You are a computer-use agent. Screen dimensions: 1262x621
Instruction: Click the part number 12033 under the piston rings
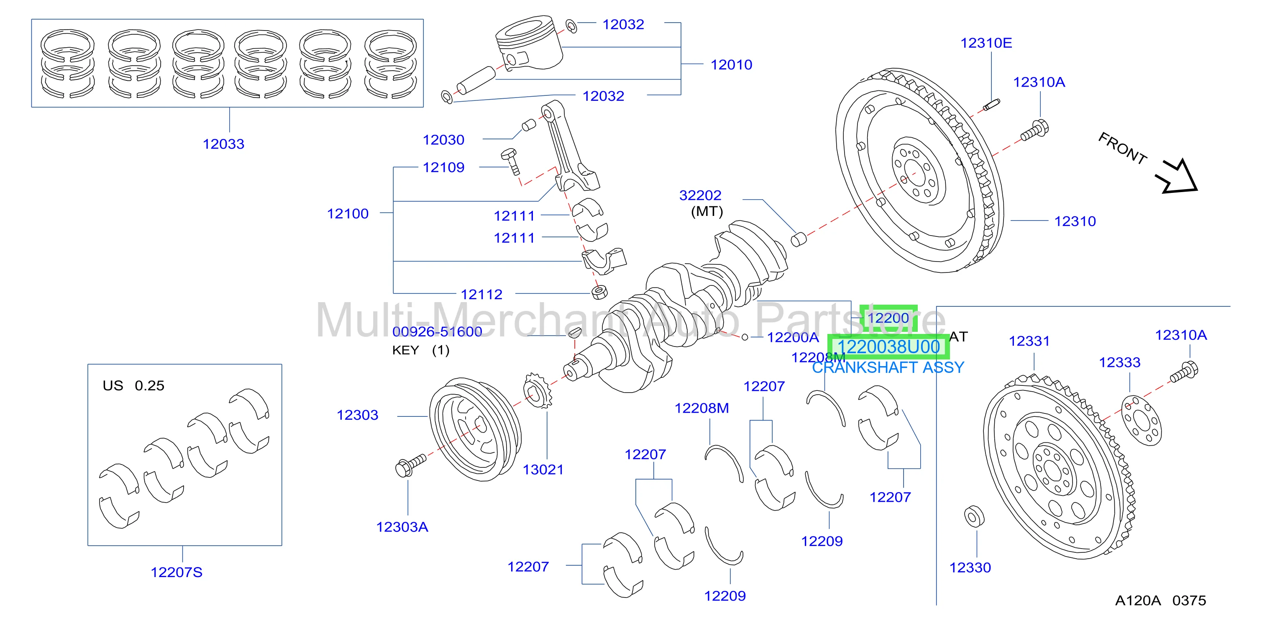click(223, 144)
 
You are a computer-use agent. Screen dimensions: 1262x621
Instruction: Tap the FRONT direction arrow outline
click(1177, 177)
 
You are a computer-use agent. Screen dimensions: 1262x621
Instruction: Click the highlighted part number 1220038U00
click(888, 347)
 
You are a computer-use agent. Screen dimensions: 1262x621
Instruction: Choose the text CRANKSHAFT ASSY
click(888, 367)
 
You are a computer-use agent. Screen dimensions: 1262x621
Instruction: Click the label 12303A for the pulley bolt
click(402, 527)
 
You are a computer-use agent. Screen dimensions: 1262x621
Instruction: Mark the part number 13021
click(543, 470)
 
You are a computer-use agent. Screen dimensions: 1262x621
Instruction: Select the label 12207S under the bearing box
click(177, 572)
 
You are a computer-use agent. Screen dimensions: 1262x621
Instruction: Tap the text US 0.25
click(133, 386)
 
